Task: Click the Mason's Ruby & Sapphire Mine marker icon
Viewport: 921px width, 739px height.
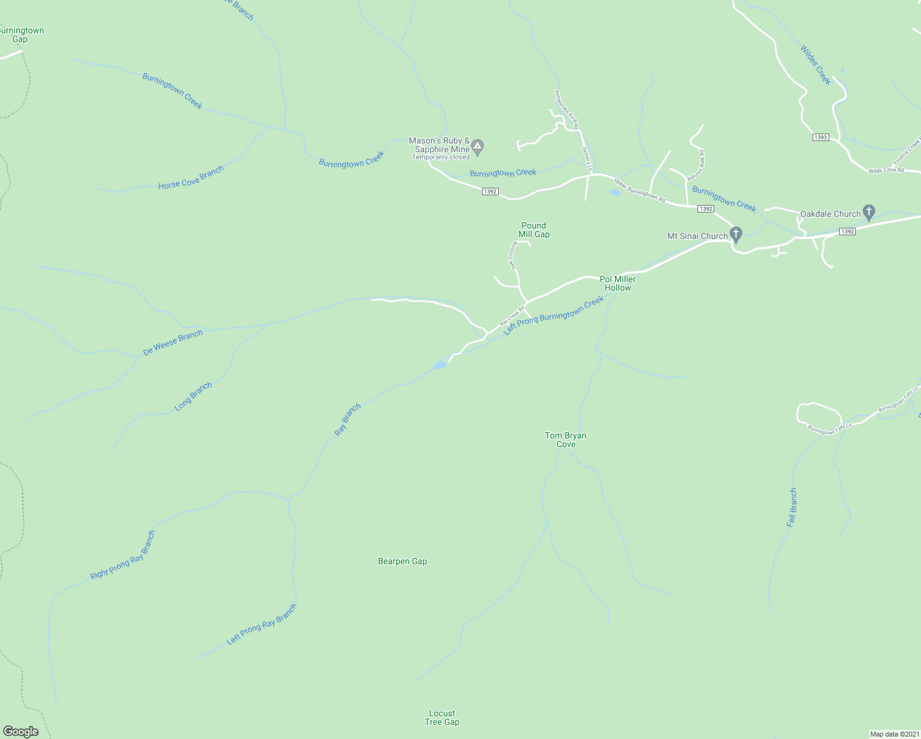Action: (x=478, y=147)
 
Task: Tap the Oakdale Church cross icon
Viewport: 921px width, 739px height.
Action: (x=869, y=213)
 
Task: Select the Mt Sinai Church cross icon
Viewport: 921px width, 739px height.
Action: (x=736, y=235)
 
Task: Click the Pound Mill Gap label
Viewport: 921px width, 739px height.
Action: (x=534, y=230)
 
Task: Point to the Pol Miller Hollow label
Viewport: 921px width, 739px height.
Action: (x=617, y=283)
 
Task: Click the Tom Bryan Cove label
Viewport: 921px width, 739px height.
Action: (x=566, y=440)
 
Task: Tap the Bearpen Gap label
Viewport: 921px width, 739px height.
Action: (x=402, y=561)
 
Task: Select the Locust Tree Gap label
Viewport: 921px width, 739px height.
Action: (x=442, y=717)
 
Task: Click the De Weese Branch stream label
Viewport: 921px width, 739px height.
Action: (x=173, y=343)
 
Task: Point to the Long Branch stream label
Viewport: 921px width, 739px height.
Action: (x=193, y=396)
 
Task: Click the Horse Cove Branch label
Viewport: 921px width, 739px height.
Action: (x=191, y=177)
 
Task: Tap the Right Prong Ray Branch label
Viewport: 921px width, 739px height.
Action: (x=123, y=555)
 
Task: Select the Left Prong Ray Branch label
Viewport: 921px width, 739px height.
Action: (x=262, y=624)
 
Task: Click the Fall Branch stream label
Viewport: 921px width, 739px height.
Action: (x=792, y=507)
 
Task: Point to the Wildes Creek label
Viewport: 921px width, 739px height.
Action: (x=816, y=65)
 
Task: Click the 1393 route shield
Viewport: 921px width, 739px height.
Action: (x=821, y=137)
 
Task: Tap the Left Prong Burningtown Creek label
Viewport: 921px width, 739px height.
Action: (x=553, y=315)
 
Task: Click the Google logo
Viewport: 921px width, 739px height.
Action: (x=20, y=731)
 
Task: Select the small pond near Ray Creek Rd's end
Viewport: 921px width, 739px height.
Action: (x=440, y=365)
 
